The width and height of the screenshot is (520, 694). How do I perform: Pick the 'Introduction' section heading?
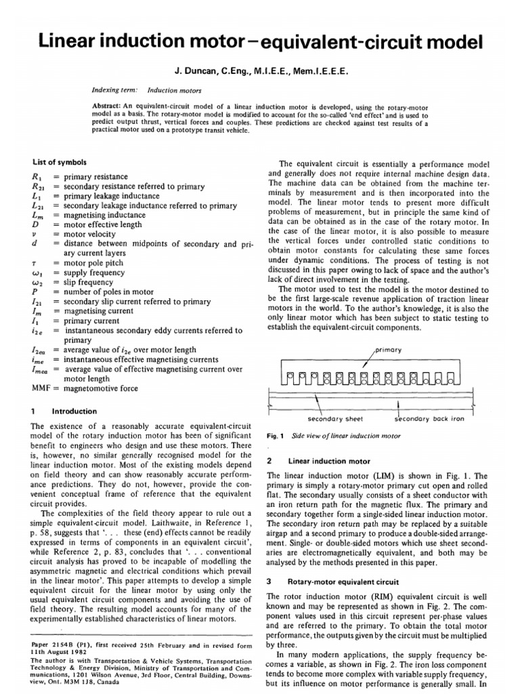(x=74, y=411)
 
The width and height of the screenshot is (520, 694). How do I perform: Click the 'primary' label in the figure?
(x=387, y=350)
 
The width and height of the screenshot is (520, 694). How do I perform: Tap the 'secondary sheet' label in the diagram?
(x=331, y=418)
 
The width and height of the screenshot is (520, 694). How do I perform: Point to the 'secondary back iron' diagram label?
(x=429, y=418)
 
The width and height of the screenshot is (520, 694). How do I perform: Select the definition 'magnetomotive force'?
(x=100, y=389)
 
